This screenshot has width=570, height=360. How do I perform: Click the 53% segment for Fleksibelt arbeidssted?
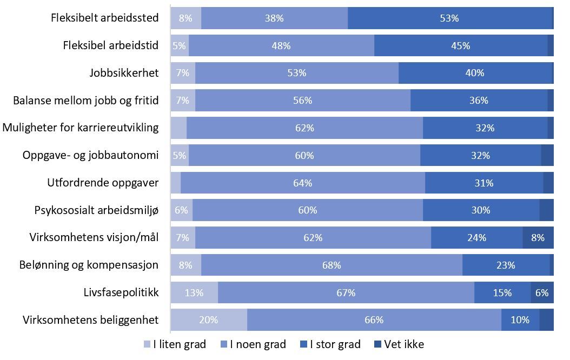point(449,18)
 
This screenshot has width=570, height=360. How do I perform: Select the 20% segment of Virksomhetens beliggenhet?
point(209,319)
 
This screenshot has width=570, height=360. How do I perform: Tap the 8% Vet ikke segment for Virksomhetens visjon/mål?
point(538,237)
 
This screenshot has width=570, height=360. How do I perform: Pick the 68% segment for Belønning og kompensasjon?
point(332,265)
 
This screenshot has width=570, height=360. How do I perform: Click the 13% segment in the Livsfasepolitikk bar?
point(194,292)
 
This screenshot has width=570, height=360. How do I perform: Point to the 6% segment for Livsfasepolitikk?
point(542,292)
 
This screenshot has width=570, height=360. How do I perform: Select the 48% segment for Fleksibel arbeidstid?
point(281,45)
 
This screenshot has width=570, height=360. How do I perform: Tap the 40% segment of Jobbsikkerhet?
point(475,73)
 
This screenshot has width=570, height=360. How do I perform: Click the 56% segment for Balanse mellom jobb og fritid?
point(303,101)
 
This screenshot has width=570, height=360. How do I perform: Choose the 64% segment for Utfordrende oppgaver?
point(303,183)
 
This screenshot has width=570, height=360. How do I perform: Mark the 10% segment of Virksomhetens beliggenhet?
point(520,319)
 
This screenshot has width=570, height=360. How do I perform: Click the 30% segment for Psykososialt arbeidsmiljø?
point(481,210)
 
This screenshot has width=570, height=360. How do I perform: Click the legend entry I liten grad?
point(175,344)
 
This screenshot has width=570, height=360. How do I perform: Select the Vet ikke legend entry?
point(399,344)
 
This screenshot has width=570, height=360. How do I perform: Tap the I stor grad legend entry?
point(329,344)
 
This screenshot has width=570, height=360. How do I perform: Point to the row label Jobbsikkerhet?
point(124,73)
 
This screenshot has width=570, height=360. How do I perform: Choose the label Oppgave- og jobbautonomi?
point(90,155)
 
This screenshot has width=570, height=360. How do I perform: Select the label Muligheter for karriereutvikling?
point(81,128)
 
